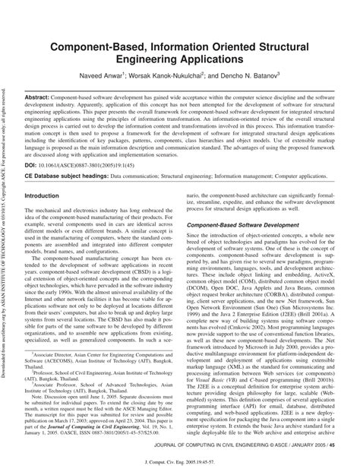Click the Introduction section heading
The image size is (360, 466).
pyautogui.click(x=47, y=195)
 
